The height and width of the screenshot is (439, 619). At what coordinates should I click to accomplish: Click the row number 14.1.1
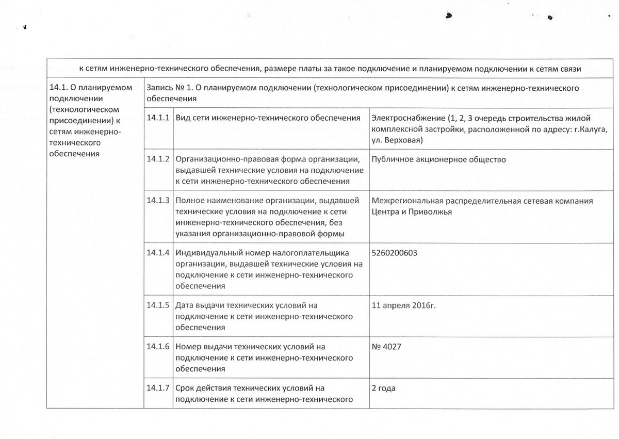(x=158, y=118)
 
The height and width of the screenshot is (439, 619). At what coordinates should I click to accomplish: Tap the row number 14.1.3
(x=158, y=201)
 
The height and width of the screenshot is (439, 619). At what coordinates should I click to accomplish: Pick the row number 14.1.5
(x=158, y=305)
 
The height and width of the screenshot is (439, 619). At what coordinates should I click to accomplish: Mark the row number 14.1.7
(x=158, y=387)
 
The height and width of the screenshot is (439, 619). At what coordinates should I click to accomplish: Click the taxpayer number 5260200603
(x=395, y=253)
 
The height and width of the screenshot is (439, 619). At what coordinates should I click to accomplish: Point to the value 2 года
(x=383, y=387)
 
